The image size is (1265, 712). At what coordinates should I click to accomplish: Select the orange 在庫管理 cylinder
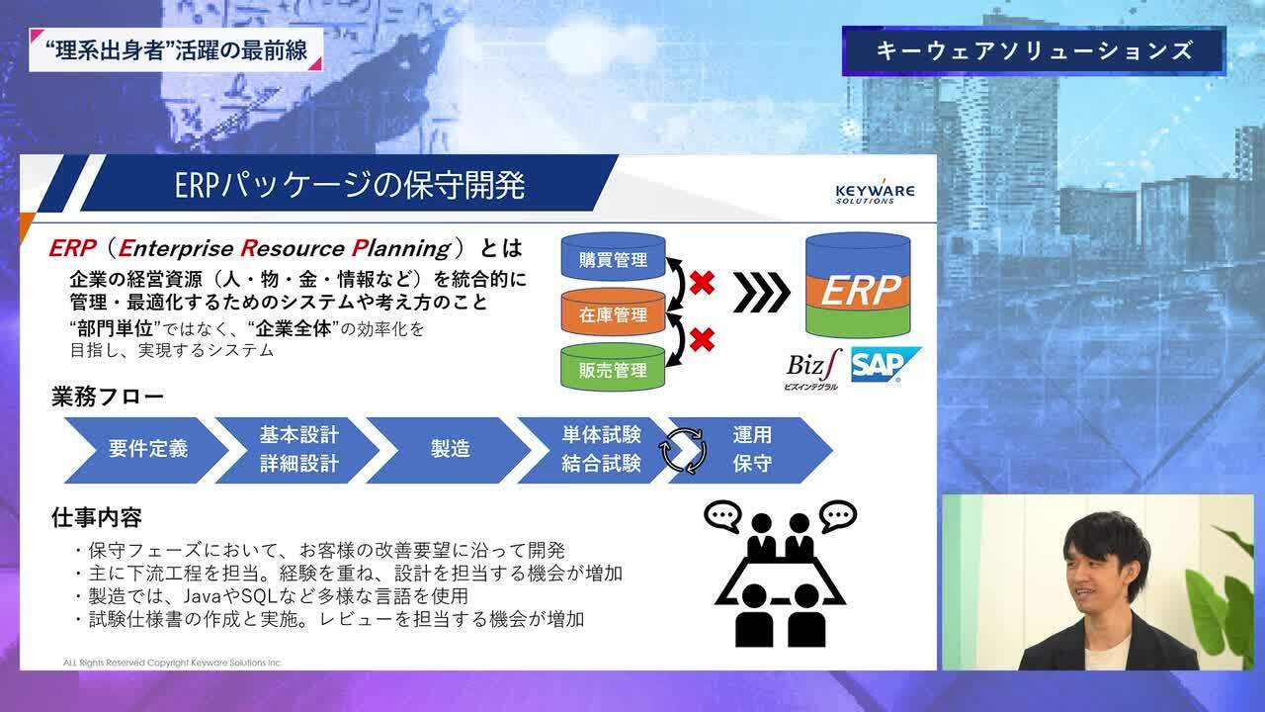(614, 314)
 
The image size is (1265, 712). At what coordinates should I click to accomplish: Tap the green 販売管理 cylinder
(614, 370)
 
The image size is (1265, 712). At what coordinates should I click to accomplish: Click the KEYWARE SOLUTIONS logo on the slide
(874, 192)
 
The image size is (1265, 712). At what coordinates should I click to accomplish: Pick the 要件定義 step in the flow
(147, 449)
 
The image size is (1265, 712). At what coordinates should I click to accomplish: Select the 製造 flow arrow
(450, 449)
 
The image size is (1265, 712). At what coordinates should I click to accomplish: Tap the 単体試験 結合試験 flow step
(601, 449)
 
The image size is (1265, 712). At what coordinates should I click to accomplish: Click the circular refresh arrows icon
(684, 450)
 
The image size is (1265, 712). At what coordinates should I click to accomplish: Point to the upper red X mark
(702, 284)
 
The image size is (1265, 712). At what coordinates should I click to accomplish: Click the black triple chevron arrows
(762, 291)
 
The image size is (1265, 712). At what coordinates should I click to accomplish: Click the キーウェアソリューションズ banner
(1034, 50)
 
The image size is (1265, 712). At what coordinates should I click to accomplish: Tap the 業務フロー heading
(108, 398)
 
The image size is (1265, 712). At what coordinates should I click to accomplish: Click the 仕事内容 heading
(97, 516)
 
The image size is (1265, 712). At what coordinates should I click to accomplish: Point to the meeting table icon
(780, 578)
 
